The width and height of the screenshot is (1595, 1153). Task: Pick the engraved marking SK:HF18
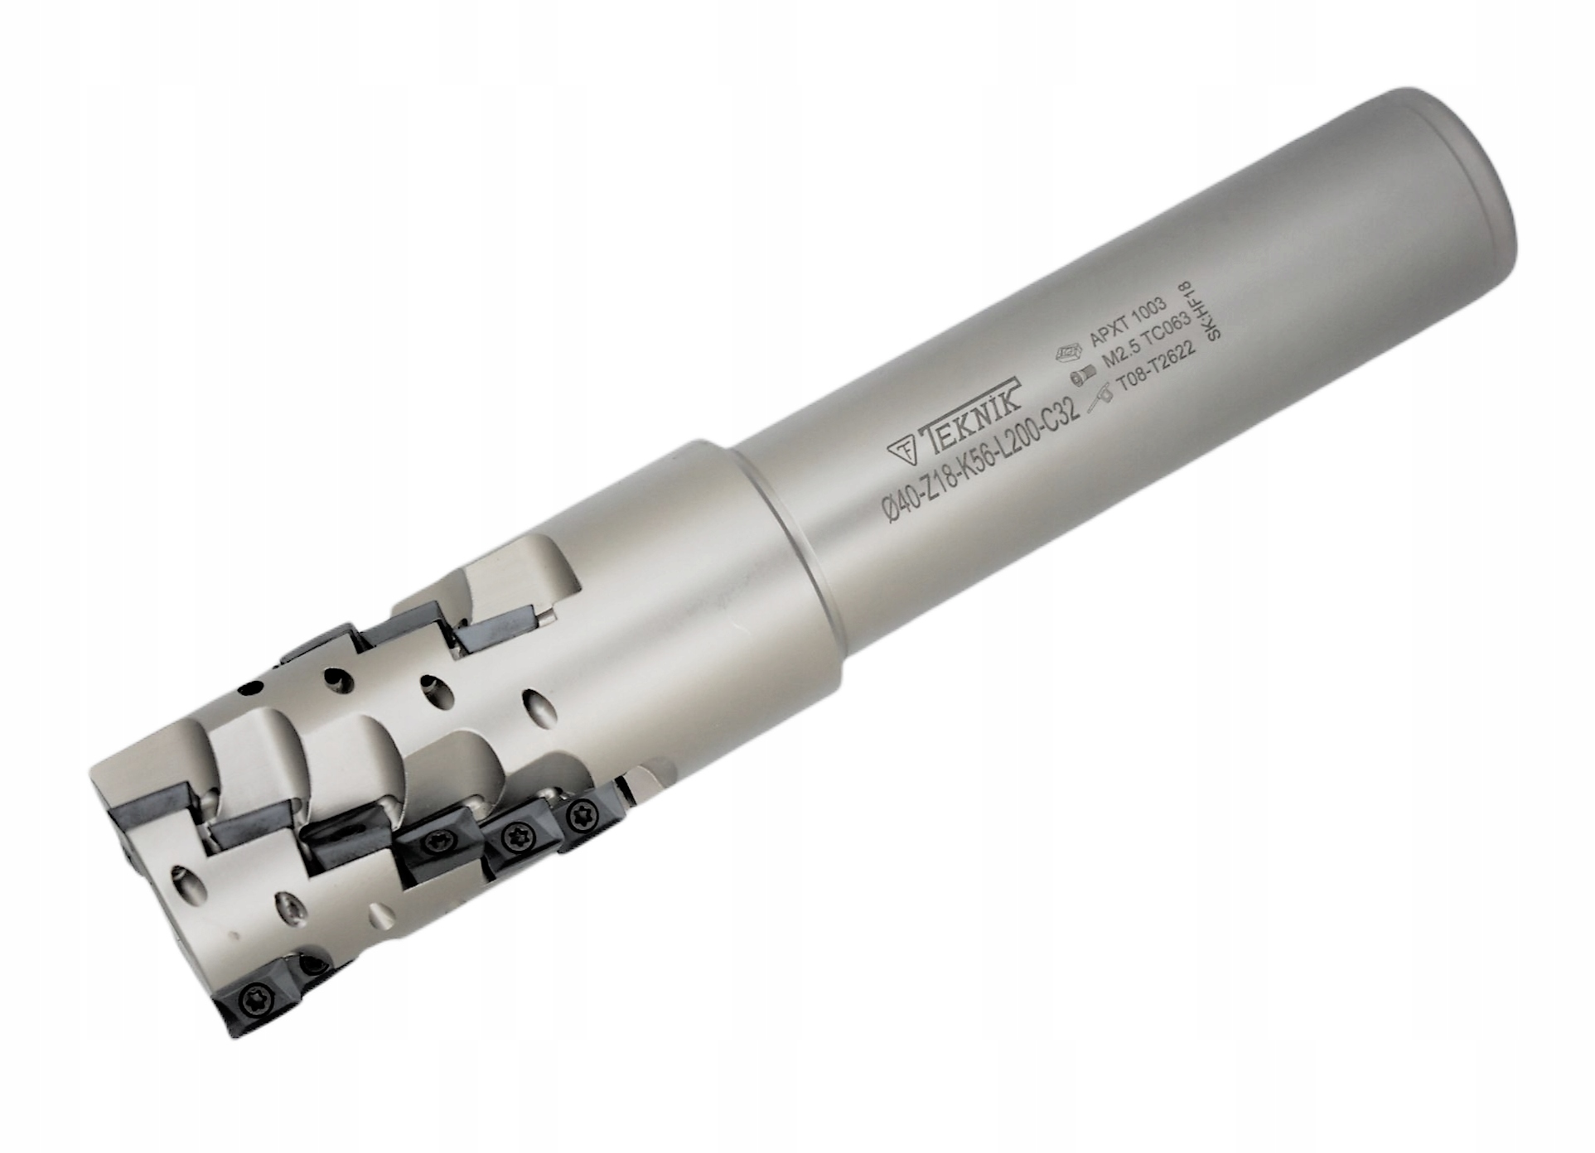[1203, 311]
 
